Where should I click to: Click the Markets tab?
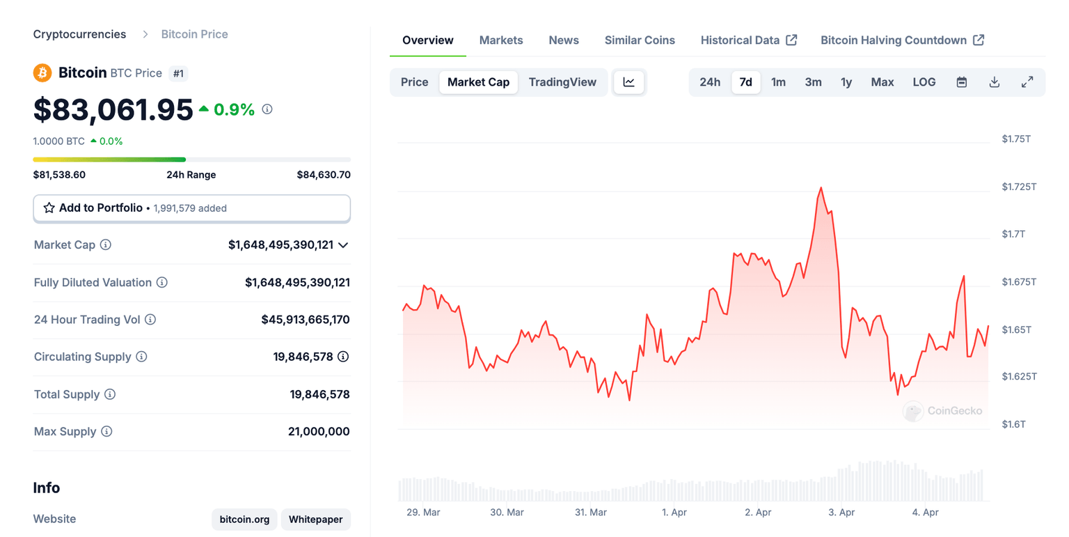501,40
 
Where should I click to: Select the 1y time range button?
846,82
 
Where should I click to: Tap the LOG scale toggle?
924,82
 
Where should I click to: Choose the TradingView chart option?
562,82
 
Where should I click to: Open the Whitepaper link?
316,520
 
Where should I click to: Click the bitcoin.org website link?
244,520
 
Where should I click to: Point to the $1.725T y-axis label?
1019,187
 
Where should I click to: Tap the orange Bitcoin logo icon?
42,72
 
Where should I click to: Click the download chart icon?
995,82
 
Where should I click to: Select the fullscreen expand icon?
1027,82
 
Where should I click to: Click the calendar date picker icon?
962,82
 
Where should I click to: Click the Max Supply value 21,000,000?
319,432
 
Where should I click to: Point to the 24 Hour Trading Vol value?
306,320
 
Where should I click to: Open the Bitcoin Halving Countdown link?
902,40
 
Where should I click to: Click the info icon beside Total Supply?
110,394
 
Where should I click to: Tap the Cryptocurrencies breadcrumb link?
80,34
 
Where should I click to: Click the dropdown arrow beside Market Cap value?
343,245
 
